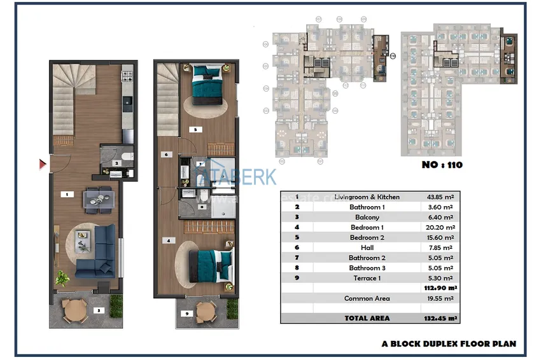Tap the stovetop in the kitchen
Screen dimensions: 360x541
127,78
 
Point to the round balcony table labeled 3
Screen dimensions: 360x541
75,310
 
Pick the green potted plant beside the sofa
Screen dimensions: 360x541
62,277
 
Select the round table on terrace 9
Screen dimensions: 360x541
206,312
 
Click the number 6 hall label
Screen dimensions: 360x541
165,154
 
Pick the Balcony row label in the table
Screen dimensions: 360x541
367,218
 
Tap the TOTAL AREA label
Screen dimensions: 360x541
367,318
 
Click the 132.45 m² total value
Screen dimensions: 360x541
440,318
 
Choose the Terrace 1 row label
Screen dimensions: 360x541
367,278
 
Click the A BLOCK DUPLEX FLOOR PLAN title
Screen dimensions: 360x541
449,343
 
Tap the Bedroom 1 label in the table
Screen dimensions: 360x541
367,228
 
